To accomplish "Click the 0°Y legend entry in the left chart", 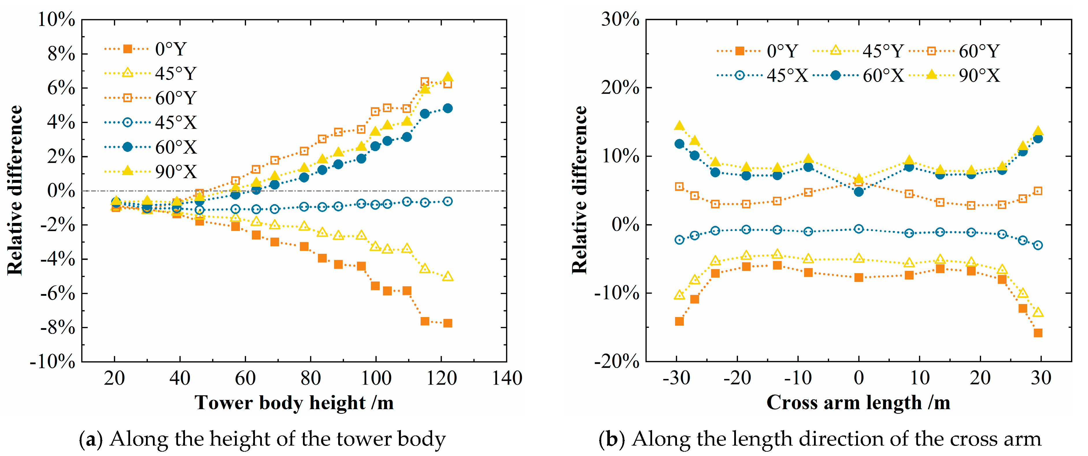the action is coord(145,49).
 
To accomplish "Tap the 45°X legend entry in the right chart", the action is coord(762,75).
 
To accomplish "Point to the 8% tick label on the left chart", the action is coord(61,54).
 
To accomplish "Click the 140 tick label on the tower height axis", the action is coord(507,378).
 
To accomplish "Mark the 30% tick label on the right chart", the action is coord(620,19).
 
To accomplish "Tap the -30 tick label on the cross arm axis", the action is coord(677,378).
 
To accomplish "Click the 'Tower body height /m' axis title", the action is coord(294,403).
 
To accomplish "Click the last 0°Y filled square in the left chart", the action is coord(448,323).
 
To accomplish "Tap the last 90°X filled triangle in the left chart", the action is coord(448,77).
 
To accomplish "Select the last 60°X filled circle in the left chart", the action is coord(448,108).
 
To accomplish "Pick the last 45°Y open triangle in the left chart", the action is coord(448,276).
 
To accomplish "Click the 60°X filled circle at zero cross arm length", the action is coord(859,191).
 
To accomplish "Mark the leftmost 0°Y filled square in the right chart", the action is coord(679,321).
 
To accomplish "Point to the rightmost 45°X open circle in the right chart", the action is coord(1038,245).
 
